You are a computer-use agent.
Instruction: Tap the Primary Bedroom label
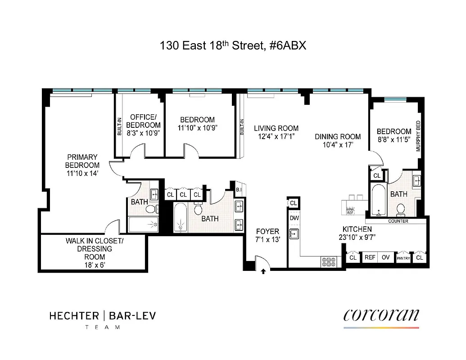tap(82, 161)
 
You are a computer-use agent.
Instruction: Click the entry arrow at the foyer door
tap(263, 271)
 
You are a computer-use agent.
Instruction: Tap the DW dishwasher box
tap(294, 218)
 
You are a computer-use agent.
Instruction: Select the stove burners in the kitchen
tap(327, 261)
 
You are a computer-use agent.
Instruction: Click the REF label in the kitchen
tap(370, 258)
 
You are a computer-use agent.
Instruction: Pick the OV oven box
tap(385, 258)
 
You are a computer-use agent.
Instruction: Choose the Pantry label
tap(403, 258)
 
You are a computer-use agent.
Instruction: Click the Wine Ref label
tap(350, 210)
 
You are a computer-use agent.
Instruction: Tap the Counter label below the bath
tap(398, 221)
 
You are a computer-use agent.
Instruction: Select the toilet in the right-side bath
tap(400, 208)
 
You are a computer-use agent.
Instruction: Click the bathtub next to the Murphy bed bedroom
tap(378, 200)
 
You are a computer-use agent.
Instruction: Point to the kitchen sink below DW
tap(294, 234)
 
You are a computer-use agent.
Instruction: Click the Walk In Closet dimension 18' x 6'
tap(94, 265)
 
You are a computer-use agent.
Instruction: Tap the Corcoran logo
tap(381, 315)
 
